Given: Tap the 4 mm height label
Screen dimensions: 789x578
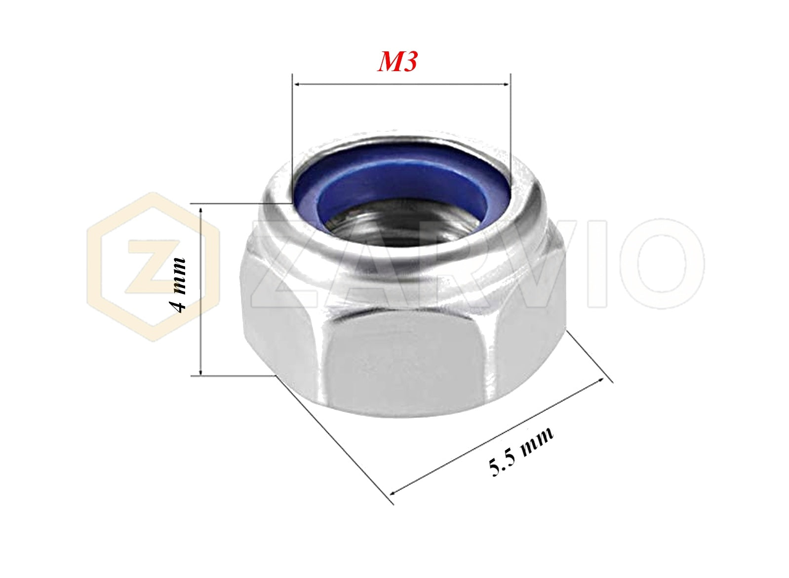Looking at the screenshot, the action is coord(179,285).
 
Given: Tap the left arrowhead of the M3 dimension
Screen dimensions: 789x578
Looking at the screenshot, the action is coord(298,84).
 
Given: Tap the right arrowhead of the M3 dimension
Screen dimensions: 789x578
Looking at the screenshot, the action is coord(505,84).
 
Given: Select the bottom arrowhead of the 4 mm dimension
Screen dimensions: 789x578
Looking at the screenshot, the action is coord(201,371).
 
